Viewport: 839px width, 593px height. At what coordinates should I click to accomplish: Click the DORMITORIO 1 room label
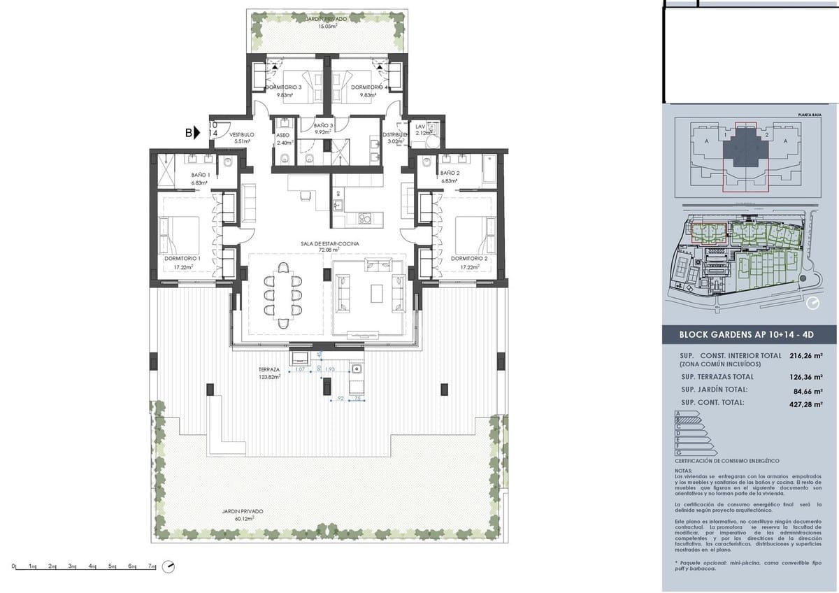(182, 262)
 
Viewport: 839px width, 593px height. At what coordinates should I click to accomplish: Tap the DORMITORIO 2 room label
(468, 262)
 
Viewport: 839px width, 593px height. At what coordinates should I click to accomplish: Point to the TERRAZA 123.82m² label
(269, 373)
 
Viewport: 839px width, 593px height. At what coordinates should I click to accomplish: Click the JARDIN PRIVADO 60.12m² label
(238, 515)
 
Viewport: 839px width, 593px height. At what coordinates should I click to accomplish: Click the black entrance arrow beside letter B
(198, 131)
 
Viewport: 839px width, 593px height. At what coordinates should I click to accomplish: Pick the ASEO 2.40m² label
(283, 138)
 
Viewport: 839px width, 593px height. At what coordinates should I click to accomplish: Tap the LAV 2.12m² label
(421, 129)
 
